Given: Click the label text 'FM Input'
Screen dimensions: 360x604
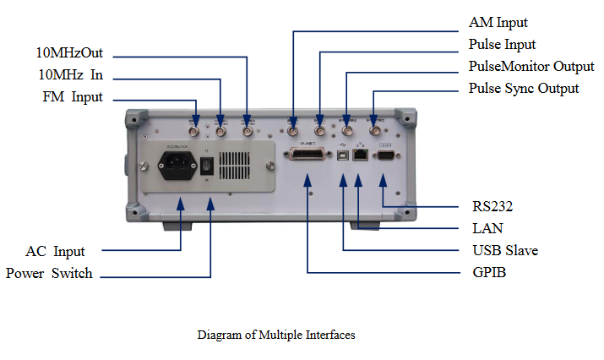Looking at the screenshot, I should (73, 96).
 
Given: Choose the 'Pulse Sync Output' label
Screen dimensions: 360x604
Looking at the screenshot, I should (524, 88).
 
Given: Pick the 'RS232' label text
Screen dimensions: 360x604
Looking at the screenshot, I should (492, 205).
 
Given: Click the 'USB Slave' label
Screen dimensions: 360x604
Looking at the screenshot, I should (505, 250).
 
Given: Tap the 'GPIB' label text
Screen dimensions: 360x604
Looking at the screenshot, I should (489, 273).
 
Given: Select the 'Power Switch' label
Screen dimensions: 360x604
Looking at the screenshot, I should (49, 273).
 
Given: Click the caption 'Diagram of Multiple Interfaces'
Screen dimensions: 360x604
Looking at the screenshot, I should (276, 335).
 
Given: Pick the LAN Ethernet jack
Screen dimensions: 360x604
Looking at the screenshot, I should (360, 155).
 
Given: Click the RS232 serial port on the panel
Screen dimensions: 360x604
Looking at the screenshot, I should (384, 155).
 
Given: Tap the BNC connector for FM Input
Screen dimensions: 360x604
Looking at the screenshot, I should (196, 132).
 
